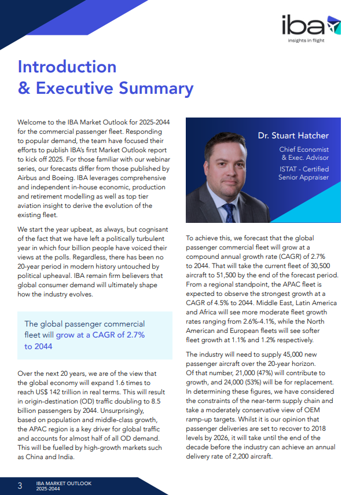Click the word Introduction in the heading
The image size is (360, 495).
(67, 66)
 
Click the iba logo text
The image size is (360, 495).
(301, 26)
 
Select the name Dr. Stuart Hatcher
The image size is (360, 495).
(293, 135)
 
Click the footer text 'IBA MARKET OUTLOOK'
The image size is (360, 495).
(64, 482)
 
